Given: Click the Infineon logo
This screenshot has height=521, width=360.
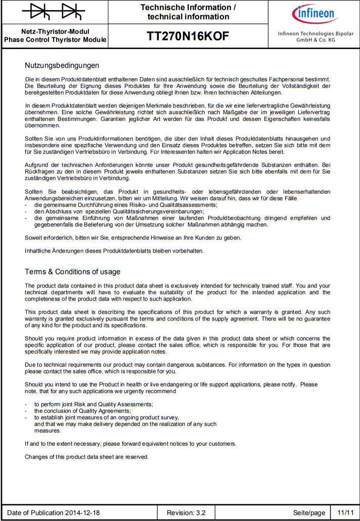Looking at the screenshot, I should click(311, 13).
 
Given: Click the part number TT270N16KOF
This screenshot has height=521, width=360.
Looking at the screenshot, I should click(188, 37).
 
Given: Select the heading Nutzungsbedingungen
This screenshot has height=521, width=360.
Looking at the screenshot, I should click(62, 66).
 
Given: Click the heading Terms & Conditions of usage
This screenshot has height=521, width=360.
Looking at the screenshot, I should click(72, 272).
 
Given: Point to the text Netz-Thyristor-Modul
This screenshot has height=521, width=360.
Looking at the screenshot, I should click(55, 31).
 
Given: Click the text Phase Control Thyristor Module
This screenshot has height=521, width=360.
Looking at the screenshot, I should click(55, 39).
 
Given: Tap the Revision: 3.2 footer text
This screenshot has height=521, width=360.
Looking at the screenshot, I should click(186, 513).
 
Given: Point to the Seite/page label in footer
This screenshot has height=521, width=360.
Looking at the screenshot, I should click(309, 513).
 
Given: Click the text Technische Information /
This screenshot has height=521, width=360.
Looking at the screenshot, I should click(188, 8).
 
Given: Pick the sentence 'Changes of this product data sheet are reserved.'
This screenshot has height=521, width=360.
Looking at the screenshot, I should click(86, 457).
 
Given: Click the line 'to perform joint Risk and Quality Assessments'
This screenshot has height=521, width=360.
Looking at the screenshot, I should click(94, 404).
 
